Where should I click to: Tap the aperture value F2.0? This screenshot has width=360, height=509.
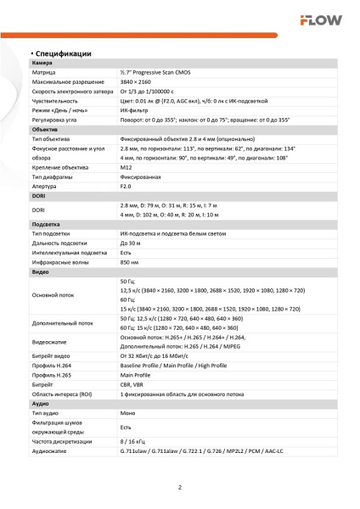coord(127,186)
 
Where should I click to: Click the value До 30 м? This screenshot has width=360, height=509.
coord(131,242)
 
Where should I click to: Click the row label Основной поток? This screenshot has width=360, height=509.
coord(53,295)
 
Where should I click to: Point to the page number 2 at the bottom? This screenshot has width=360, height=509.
coord(180,486)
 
